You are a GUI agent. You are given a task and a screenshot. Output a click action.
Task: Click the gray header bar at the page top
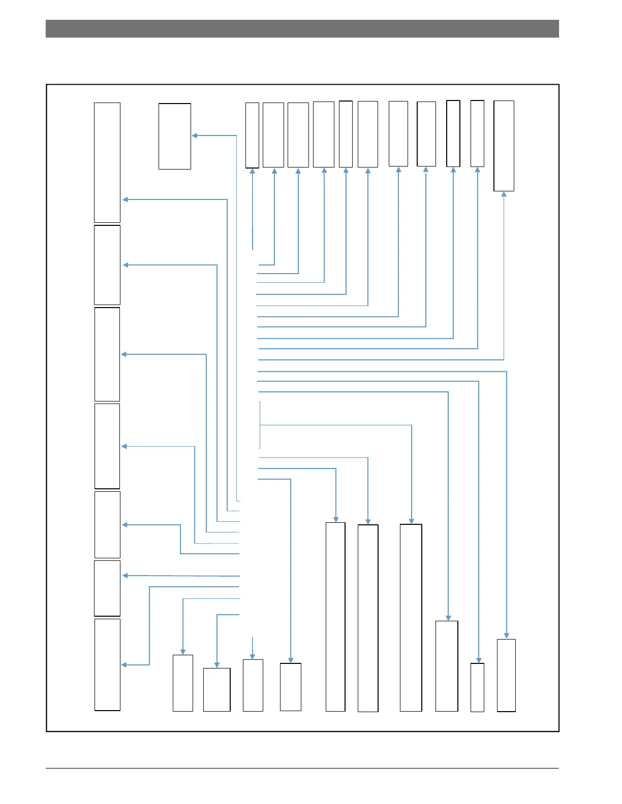click(302, 29)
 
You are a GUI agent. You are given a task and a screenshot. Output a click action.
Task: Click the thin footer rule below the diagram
click(302, 768)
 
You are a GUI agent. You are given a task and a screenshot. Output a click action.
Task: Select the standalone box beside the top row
click(174, 136)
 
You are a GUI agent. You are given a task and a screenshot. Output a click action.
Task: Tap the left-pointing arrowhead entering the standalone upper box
click(195, 136)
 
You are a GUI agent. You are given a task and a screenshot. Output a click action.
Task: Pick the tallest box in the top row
click(504, 146)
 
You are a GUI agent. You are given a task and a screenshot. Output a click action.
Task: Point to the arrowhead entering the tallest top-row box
click(504, 194)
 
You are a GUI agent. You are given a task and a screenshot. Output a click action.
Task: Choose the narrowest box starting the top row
click(252, 135)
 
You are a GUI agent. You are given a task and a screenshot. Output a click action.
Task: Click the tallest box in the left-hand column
click(107, 162)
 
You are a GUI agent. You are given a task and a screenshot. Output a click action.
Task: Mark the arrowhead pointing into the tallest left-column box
click(125, 199)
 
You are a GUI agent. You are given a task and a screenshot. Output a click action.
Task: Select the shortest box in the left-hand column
click(107, 588)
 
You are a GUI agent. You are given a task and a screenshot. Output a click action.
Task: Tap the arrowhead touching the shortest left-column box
click(125, 576)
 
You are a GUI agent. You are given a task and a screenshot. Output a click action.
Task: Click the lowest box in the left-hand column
click(107, 664)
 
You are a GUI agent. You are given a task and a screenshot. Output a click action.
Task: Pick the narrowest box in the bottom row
click(477, 687)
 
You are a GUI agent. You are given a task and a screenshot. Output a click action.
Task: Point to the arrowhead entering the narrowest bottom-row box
click(478, 660)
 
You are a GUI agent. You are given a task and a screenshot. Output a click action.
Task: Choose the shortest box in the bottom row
click(216, 689)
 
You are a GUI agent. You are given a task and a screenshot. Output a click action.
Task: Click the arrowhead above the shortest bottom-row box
click(217, 665)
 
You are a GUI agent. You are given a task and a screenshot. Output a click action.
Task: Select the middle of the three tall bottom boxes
click(368, 618)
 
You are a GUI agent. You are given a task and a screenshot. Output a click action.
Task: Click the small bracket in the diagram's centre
click(260, 425)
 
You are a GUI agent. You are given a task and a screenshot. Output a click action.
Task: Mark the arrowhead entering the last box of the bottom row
click(507, 635)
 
